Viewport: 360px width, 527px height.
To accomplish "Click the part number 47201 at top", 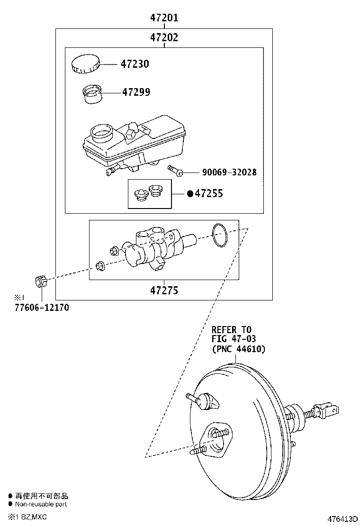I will (x=164, y=18).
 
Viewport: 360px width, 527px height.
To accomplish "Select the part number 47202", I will (x=164, y=37).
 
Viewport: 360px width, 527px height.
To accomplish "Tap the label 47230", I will (x=135, y=64).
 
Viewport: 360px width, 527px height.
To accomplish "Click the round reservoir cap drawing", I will (x=85, y=64).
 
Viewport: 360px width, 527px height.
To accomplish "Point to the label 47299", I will (x=136, y=92).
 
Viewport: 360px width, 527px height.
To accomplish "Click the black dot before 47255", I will (x=190, y=193).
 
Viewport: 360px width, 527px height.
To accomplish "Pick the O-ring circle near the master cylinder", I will (x=219, y=235).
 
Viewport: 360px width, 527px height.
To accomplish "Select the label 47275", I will (x=164, y=290).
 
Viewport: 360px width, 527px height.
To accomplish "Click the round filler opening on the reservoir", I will (x=101, y=132).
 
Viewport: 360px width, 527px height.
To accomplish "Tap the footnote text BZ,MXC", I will (x=33, y=516).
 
